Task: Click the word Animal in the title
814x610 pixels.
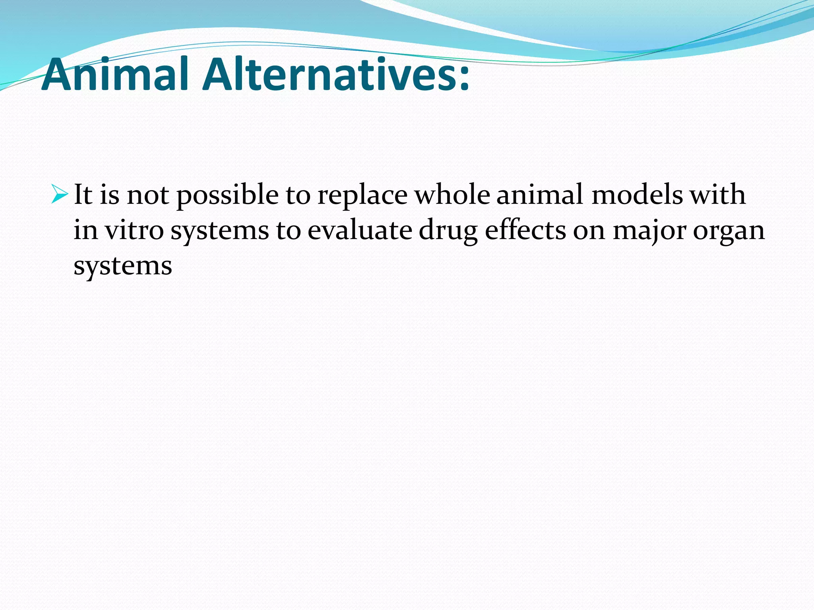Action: [x=115, y=75]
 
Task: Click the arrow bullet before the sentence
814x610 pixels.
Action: [x=60, y=195]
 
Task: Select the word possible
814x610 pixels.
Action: [x=227, y=196]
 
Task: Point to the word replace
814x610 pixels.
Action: [x=362, y=196]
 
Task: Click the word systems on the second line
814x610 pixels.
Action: [x=219, y=232]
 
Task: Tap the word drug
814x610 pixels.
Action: [x=448, y=232]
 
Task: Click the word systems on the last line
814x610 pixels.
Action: [x=122, y=266]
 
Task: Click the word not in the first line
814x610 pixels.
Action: [x=147, y=196]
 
